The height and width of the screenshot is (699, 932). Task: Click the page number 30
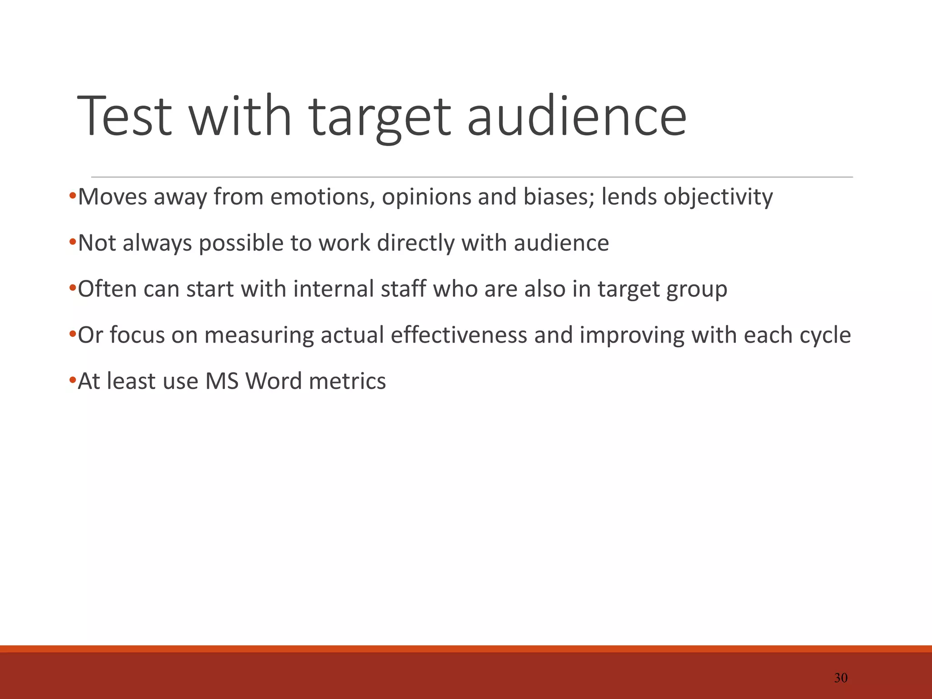tap(841, 678)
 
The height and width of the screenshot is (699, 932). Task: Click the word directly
tap(415, 243)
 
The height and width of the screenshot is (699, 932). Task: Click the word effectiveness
tap(459, 335)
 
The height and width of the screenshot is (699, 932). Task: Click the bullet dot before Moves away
tap(72, 197)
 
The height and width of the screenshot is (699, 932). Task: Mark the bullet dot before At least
tap(72, 380)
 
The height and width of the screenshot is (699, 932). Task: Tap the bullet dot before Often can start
tap(72, 289)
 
